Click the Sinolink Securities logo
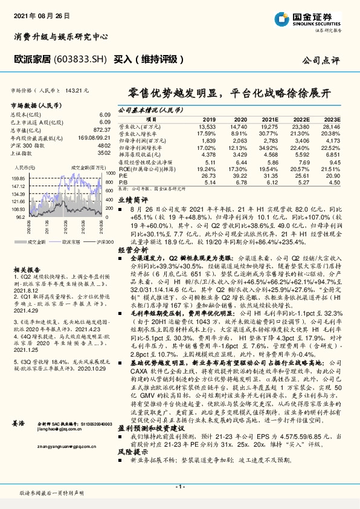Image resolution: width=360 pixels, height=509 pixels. pyautogui.click(x=317, y=18)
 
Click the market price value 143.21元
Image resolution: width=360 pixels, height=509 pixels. pyautogui.click(x=79, y=90)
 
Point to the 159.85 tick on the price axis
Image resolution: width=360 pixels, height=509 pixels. pyautogui.click(x=18, y=179)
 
